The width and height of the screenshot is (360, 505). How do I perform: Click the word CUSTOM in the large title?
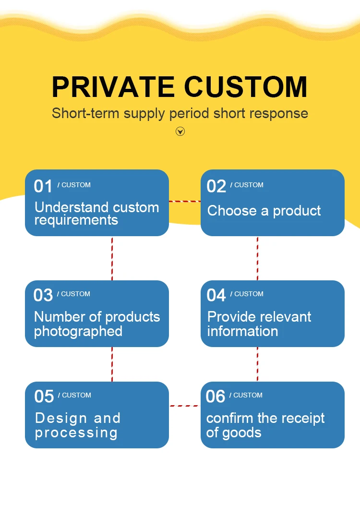(x=246, y=87)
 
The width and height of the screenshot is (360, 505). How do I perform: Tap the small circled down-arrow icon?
(x=180, y=131)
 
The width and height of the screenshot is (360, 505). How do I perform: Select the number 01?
(x=43, y=186)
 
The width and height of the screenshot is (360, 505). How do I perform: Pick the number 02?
(x=216, y=186)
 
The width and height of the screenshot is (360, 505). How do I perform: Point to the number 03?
(x=43, y=295)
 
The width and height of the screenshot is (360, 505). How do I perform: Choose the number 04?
(x=216, y=295)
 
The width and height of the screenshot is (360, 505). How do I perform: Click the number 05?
(x=44, y=397)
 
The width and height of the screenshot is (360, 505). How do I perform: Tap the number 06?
(x=216, y=397)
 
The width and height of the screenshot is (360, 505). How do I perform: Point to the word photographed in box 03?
(x=78, y=331)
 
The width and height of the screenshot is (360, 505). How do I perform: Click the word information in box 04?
(x=242, y=331)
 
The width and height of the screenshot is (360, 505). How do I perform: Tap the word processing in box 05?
(x=76, y=433)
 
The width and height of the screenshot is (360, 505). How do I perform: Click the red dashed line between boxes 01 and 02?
(x=185, y=201)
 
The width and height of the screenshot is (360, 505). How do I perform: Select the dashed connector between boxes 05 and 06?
(x=185, y=406)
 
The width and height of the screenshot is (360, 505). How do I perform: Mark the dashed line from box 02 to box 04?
(x=257, y=258)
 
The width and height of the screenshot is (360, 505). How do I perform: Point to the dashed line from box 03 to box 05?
(x=112, y=364)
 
